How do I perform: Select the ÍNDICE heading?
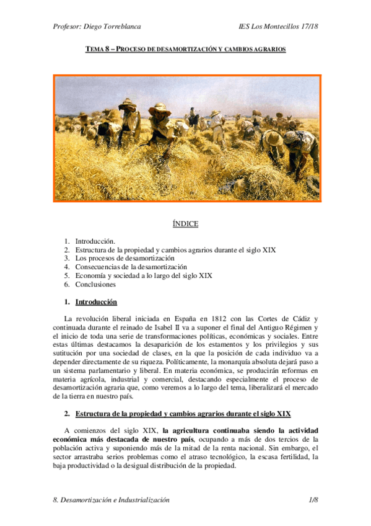point(185,223)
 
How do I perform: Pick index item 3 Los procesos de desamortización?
point(124,258)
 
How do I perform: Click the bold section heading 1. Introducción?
point(95,302)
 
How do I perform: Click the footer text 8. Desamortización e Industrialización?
point(111,500)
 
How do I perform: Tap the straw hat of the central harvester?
point(159,109)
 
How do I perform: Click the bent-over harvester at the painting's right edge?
point(302,149)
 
